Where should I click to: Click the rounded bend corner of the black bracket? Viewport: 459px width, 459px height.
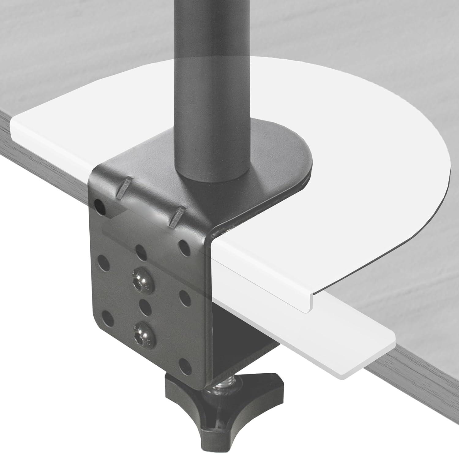point(211,236)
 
